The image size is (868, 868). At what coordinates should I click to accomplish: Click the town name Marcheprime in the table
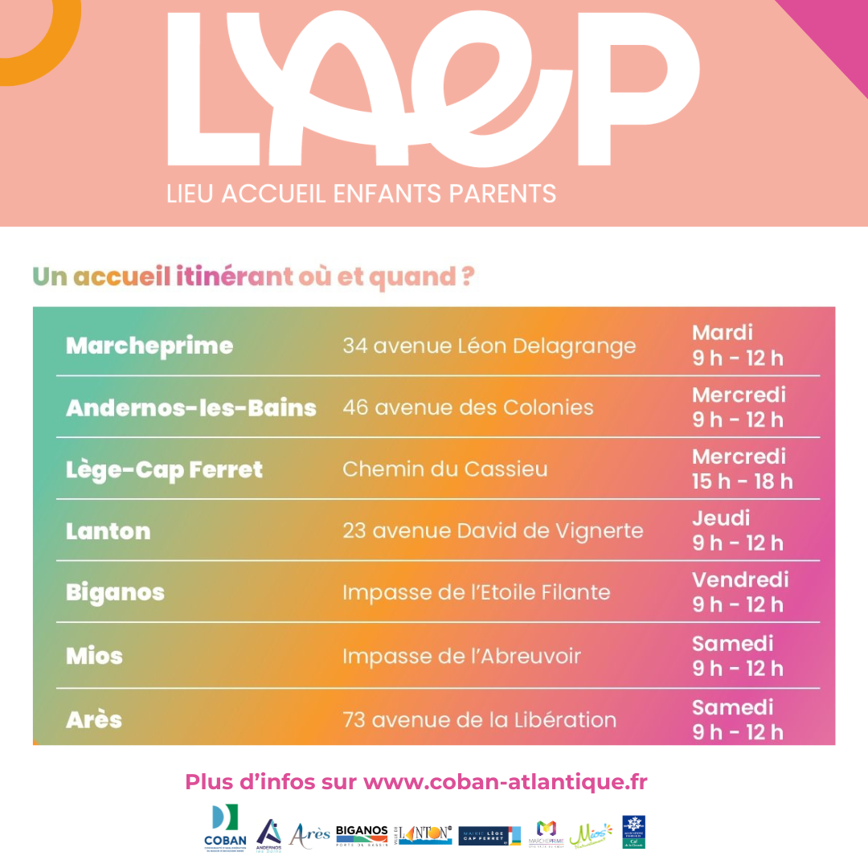pos(149,346)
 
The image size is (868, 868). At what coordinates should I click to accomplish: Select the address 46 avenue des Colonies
pos(468,407)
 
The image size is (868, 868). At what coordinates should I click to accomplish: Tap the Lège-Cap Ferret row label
pos(164,469)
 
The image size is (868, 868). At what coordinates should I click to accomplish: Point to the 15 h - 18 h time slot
pos(742,481)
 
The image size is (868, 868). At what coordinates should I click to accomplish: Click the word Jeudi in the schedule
pos(721,518)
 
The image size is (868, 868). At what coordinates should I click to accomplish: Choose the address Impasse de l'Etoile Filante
pos(476,593)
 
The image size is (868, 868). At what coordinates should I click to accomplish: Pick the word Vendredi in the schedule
pos(740,579)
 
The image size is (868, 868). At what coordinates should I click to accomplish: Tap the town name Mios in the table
pos(94,656)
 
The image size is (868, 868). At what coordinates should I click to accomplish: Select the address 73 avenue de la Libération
pos(479,719)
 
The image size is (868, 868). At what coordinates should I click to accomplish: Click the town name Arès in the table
pos(94,719)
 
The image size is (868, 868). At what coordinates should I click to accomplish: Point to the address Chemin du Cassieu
pos(444,469)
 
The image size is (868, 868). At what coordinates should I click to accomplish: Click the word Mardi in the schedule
pos(723,333)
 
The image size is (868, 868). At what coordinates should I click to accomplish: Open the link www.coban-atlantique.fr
pos(505,782)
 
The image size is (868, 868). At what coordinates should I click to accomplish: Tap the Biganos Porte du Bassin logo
pos(362,833)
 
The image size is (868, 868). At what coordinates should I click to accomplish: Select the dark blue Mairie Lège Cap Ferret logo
pos(489,836)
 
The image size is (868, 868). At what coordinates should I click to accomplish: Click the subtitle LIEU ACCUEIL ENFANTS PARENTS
pos(361,194)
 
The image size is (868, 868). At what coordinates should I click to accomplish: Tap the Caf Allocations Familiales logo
pos(633,832)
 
